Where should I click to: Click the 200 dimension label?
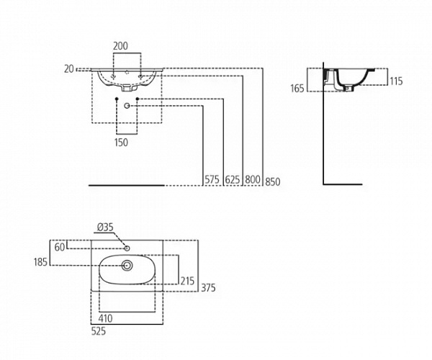[121, 45]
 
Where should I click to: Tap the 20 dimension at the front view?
[69, 69]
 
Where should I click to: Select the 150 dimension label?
[121, 143]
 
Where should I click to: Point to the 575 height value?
[211, 180]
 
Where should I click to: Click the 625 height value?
[232, 180]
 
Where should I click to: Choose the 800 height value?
[251, 180]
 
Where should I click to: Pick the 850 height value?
[271, 181]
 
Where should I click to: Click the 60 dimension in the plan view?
[60, 247]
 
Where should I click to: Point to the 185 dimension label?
[41, 262]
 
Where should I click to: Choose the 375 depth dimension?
[208, 288]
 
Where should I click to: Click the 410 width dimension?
[104, 318]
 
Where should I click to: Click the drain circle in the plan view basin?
[127, 266]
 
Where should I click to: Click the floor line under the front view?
[126, 186]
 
